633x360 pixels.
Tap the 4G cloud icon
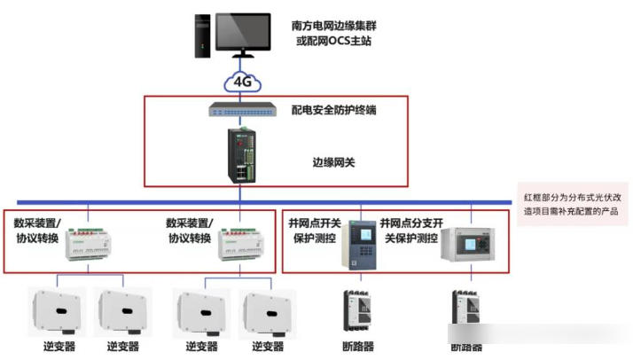click(x=243, y=82)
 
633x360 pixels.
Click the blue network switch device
click(x=242, y=110)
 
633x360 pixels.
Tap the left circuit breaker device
click(x=360, y=311)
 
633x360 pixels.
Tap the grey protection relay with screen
click(x=362, y=243)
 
